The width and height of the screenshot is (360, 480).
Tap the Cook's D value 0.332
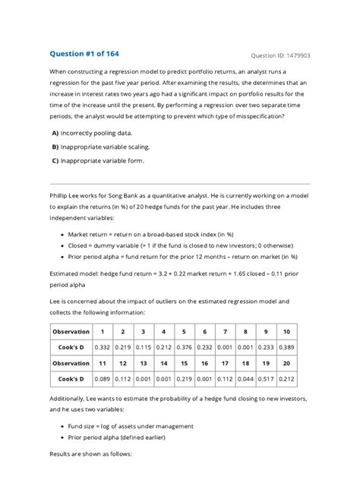tap(103, 347)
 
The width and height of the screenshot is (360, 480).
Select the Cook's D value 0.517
tap(266, 378)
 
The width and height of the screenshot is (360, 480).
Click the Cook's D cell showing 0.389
tap(286, 347)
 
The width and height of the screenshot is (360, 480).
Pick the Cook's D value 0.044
tap(245, 378)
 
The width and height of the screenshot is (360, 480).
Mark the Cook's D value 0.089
tap(103, 378)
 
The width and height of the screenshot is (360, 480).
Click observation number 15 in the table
tap(184, 363)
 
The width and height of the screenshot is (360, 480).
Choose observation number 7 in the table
tap(225, 332)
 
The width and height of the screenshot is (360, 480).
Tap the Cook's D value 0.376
tap(184, 347)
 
